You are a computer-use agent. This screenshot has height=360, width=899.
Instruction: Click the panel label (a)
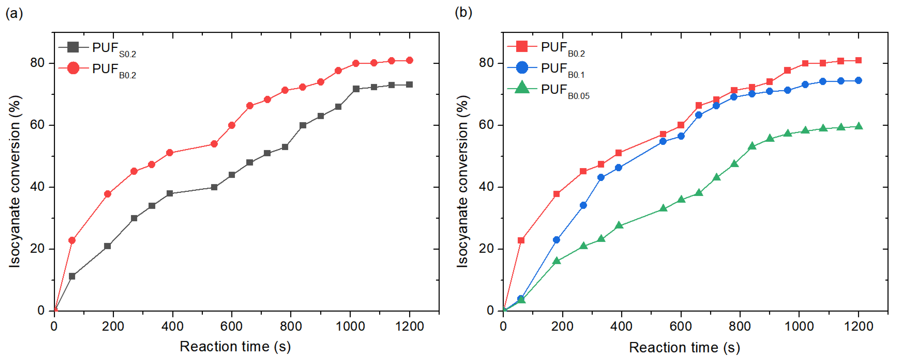tap(14, 14)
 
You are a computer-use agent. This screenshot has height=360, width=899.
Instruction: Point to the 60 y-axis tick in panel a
tap(37, 125)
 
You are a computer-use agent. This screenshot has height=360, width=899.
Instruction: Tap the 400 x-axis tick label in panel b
tap(621, 327)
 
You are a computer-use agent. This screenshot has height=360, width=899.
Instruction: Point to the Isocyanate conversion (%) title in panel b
tap(462, 182)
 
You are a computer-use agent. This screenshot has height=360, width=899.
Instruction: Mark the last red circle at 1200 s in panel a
tap(409, 60)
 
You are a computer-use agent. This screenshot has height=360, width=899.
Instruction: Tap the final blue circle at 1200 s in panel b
tap(859, 81)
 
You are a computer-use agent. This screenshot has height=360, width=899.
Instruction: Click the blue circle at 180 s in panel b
tap(556, 240)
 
